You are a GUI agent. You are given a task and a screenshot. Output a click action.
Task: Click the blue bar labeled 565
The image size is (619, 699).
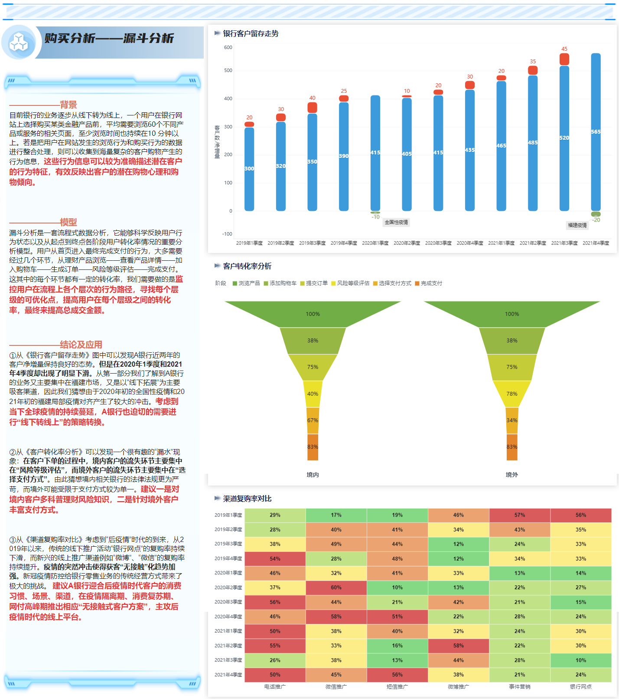pos(596,132)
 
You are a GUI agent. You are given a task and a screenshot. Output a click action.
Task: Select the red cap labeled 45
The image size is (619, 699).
pos(564,59)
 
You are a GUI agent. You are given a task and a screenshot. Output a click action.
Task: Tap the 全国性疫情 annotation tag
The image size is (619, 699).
pos(396,222)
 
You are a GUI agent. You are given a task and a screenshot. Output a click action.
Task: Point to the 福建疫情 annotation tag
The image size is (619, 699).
pos(577,225)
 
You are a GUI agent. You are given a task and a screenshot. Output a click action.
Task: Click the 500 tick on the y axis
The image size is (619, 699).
pos(228,70)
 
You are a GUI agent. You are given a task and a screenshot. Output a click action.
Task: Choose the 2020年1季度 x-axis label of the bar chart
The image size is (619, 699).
pos(375,243)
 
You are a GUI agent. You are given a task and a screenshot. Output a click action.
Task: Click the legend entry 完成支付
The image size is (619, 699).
pos(429,283)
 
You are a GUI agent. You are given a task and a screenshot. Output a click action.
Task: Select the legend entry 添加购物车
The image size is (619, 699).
pos(280,283)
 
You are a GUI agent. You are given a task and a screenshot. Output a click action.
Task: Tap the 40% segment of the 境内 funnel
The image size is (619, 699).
pos(313,394)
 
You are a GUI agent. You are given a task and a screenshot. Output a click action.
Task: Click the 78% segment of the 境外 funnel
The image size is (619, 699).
pos(511,394)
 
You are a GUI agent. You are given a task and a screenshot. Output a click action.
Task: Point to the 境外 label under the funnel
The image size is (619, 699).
pos(511,475)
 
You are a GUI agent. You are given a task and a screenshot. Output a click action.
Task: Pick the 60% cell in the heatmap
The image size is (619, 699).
pos(336,587)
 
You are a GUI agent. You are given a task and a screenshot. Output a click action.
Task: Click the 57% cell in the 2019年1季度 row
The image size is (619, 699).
pos(519,515)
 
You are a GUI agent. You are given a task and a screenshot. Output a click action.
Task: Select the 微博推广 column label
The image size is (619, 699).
pos(458,686)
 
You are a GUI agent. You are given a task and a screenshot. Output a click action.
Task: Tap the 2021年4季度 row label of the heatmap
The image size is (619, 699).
pos(228,675)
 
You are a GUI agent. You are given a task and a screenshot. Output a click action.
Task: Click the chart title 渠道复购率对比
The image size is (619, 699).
pos(247,499)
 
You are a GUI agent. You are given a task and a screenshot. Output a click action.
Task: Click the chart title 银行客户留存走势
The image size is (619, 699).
pos(251,33)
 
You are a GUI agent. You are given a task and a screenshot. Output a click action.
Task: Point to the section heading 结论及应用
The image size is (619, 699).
pos(81,345)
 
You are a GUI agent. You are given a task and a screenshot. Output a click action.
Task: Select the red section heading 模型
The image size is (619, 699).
pos(68,222)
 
